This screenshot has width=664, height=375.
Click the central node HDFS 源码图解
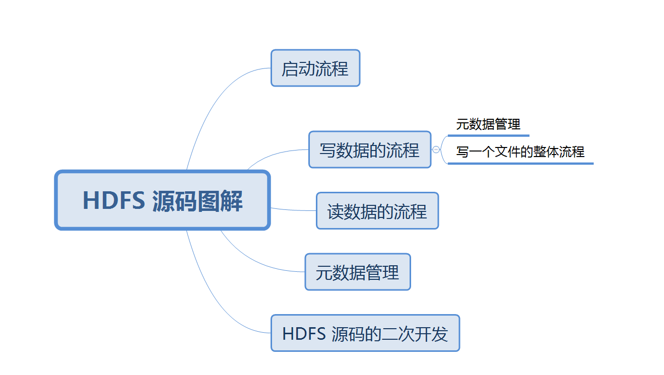[x=162, y=200]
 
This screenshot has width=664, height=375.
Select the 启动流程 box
[x=315, y=68]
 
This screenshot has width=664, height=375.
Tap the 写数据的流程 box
[x=370, y=149]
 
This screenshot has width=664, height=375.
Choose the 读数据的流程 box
[x=377, y=211]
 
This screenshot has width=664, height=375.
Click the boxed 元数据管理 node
[x=358, y=272]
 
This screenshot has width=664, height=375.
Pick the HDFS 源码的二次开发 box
[x=365, y=333]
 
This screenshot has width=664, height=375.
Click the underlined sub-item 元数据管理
[x=488, y=124]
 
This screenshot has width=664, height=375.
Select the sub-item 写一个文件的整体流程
[x=520, y=152]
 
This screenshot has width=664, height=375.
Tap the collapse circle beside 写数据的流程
[x=436, y=149]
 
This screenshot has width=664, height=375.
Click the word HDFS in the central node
[x=113, y=200]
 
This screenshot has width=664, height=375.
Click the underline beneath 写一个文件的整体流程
[x=520, y=163]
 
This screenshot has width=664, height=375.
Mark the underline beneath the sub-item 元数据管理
[x=488, y=135]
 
